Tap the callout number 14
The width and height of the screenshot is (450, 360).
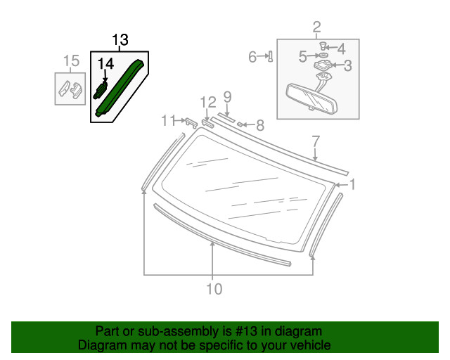pyautogui.click(x=105, y=64)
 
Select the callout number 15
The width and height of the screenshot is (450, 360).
pyautogui.click(x=71, y=61)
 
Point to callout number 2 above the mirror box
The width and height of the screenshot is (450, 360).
pyautogui.click(x=316, y=27)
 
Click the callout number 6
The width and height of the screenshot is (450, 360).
pyautogui.click(x=252, y=57)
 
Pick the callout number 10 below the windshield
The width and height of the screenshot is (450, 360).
pyautogui.click(x=214, y=288)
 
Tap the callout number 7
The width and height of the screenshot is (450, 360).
pyautogui.click(x=316, y=140)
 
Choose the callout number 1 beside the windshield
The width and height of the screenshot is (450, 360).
pyautogui.click(x=353, y=185)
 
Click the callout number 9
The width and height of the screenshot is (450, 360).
pyautogui.click(x=227, y=96)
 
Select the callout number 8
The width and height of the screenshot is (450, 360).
pyautogui.click(x=259, y=126)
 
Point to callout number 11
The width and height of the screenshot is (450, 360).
pyautogui.click(x=167, y=120)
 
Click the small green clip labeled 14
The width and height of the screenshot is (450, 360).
pyautogui.click(x=101, y=89)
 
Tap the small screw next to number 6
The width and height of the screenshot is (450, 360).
pyautogui.click(x=271, y=57)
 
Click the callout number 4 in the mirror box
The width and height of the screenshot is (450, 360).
pyautogui.click(x=341, y=49)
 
